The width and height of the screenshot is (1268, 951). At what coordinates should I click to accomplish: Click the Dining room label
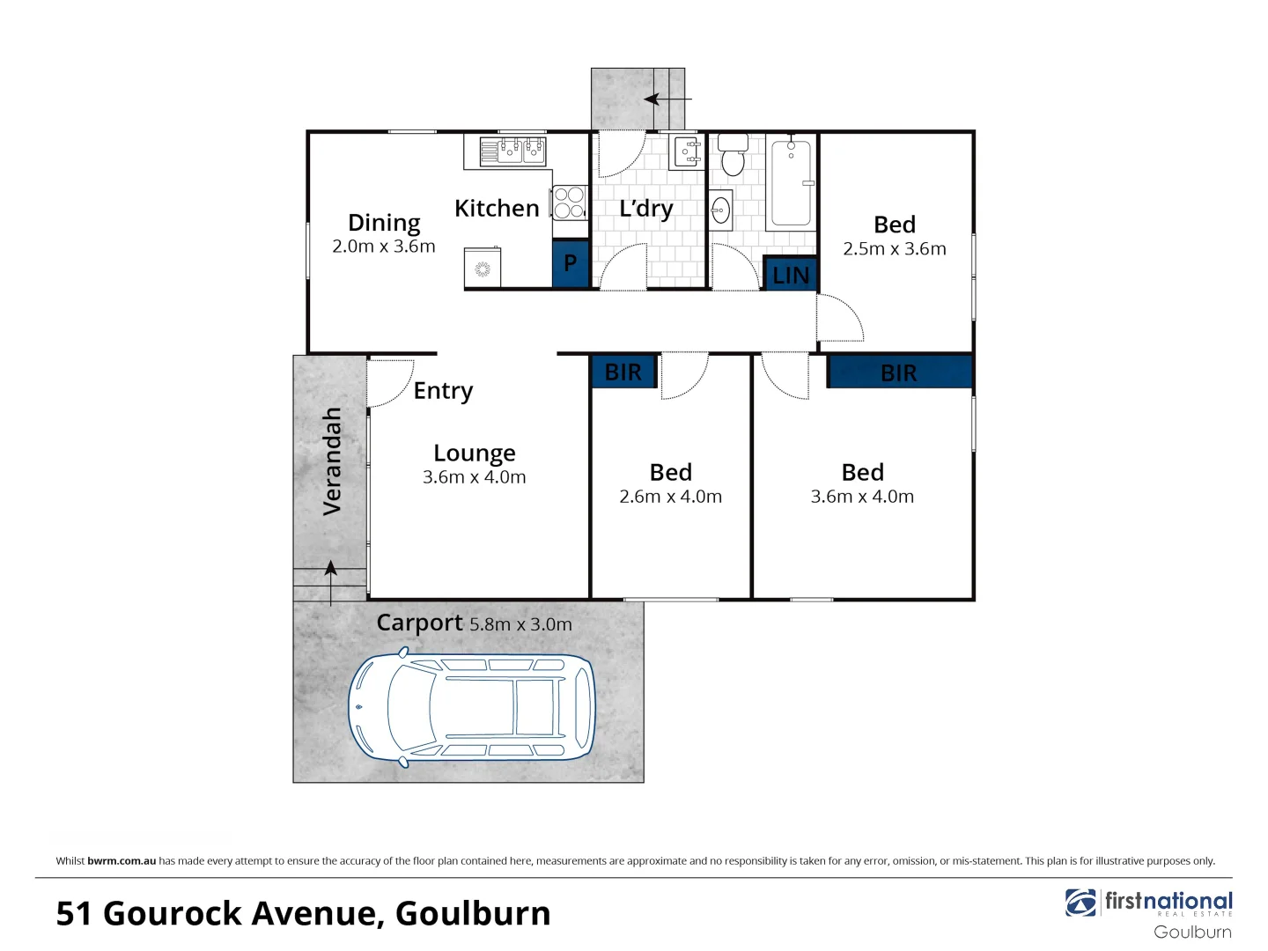[x=384, y=223]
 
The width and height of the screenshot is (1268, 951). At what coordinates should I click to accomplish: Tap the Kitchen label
[x=497, y=209]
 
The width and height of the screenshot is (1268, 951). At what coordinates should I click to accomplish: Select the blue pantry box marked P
[x=570, y=263]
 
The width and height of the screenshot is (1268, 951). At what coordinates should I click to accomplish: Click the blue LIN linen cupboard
[x=790, y=275]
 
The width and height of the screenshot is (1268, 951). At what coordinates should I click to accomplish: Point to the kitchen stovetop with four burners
[x=569, y=203]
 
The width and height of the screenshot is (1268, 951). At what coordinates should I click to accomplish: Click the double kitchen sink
[x=512, y=151]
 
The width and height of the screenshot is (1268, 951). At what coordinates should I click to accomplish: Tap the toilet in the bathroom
[x=733, y=156]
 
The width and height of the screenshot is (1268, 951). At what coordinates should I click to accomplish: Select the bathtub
[x=791, y=182]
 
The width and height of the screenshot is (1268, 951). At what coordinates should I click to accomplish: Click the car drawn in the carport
[x=472, y=707]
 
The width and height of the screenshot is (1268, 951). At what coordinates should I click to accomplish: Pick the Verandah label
[x=332, y=461]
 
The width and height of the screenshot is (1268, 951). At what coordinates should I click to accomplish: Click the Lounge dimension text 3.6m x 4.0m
[x=474, y=477]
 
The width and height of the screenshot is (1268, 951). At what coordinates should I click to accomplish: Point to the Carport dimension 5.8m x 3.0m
[x=520, y=624]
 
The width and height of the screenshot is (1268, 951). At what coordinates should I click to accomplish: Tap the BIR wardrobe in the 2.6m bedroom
[x=623, y=372]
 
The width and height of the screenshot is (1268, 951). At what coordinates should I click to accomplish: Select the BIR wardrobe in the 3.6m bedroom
[x=899, y=372]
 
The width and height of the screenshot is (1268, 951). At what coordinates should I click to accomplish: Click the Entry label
[x=443, y=390]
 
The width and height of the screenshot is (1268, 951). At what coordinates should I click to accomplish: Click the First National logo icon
[x=1080, y=903]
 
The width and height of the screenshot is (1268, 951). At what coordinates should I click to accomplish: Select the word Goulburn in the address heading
[x=473, y=914]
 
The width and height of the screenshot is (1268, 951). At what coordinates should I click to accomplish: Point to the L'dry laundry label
[x=645, y=209]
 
